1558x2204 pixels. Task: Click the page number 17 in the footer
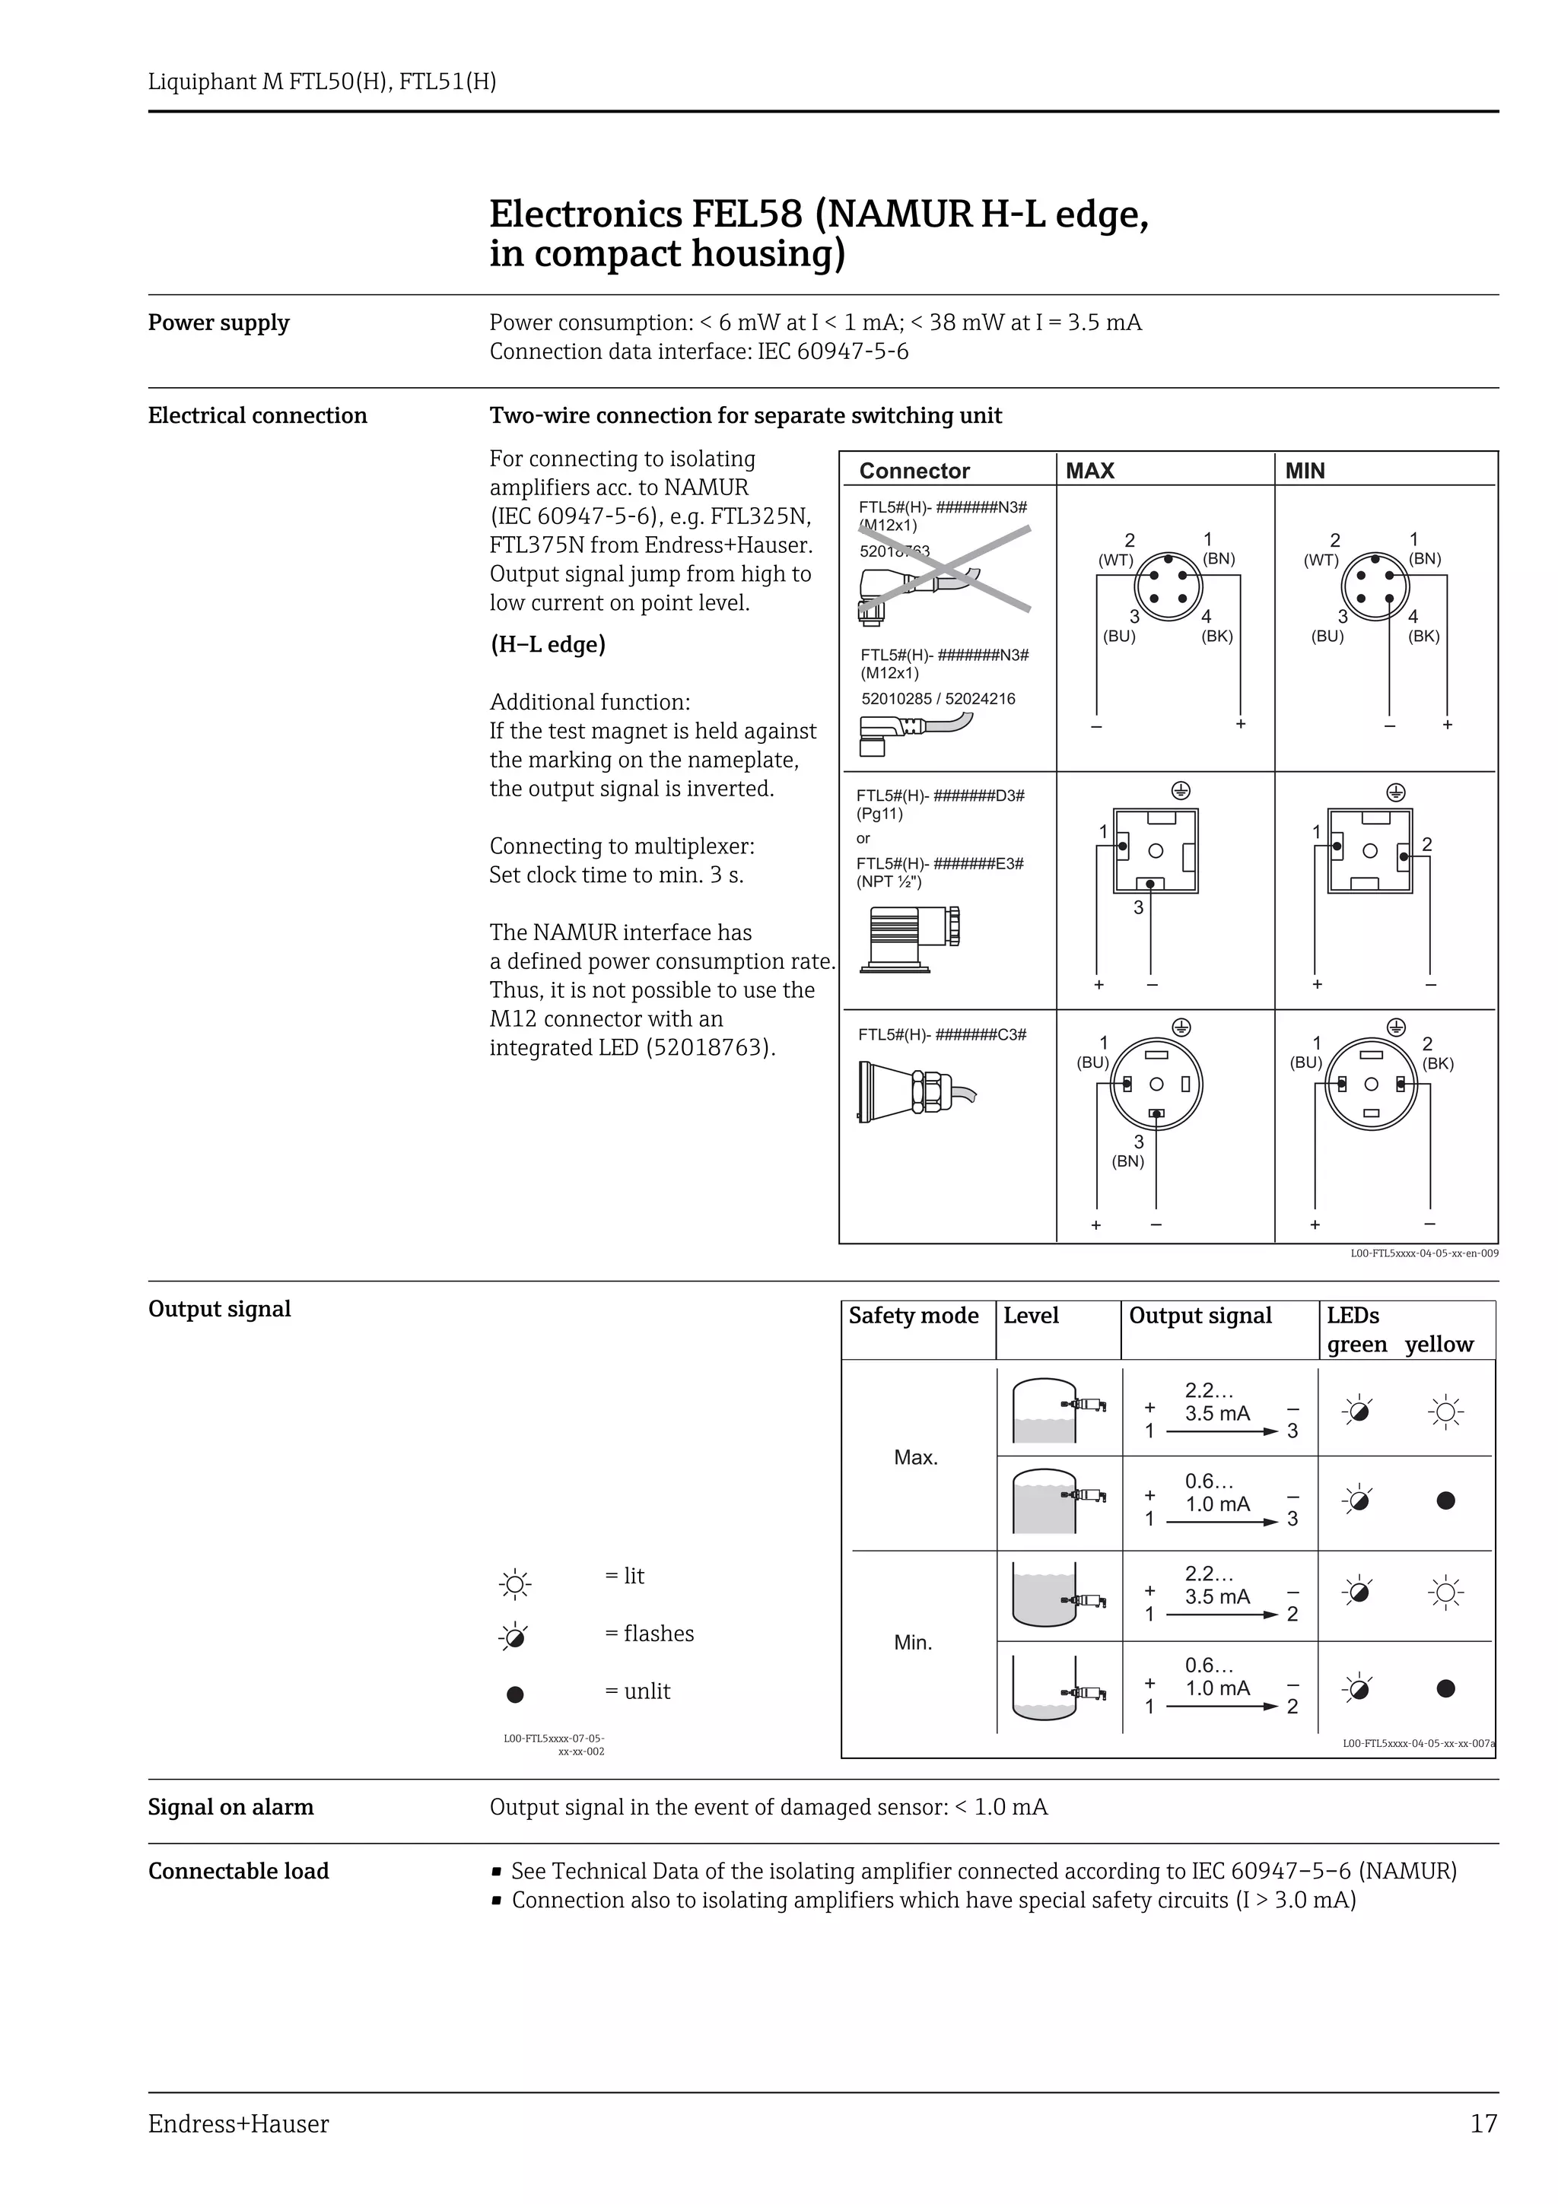coord(1483,2123)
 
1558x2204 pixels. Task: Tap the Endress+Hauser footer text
coord(238,2123)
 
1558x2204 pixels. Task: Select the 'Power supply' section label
coord(218,322)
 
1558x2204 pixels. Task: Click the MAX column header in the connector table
coord(1089,470)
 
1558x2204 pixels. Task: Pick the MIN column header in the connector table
coord(1305,470)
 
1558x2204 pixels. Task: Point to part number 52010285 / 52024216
coord(937,699)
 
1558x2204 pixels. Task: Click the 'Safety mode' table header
coord(913,1315)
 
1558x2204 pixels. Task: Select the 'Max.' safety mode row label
coord(915,1457)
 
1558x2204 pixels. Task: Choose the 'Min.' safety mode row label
coord(913,1643)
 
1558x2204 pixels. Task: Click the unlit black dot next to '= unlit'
coord(516,1694)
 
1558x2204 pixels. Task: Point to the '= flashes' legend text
coord(649,1633)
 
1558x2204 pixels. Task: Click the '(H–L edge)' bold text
coord(547,644)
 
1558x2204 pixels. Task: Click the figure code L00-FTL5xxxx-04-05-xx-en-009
coord(1423,1253)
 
